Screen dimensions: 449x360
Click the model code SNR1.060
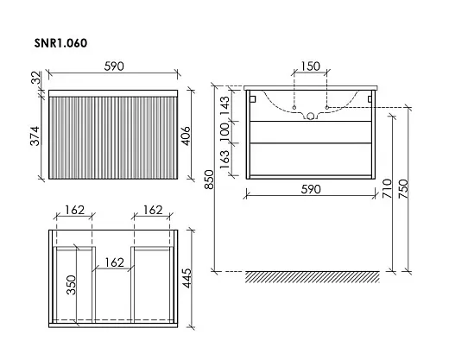click(60, 43)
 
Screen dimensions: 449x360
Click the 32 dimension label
click(36, 78)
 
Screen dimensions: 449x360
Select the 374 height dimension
click(35, 136)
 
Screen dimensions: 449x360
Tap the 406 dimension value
click(186, 136)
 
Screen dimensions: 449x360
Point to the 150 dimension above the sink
click(310, 66)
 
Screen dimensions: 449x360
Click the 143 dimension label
click(225, 105)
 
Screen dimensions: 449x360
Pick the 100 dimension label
click(225, 132)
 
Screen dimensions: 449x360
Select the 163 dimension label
click(225, 160)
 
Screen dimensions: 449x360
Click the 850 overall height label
click(210, 180)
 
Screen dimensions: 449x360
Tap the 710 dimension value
click(388, 188)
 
